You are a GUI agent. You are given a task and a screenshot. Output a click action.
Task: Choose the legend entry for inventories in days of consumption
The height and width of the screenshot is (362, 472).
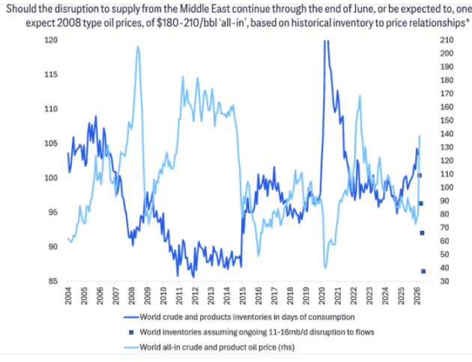[237, 318]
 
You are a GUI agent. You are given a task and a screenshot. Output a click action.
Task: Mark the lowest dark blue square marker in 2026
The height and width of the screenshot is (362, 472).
[423, 271]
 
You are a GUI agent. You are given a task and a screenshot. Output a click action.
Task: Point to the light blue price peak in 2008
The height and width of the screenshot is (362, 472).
[138, 47]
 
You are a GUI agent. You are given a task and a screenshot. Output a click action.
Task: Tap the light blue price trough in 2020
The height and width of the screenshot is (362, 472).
[325, 266]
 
